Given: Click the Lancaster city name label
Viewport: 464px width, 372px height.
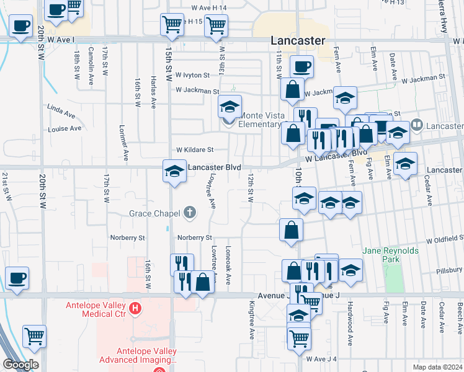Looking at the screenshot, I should click(x=298, y=40).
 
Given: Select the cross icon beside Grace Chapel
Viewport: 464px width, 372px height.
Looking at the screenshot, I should click(x=190, y=214).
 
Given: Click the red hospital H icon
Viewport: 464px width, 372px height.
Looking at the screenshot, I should click(x=135, y=308).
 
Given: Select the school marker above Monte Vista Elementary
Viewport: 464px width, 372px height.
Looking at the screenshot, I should click(x=230, y=107).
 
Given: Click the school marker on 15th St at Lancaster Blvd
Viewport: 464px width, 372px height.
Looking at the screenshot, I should click(x=175, y=170).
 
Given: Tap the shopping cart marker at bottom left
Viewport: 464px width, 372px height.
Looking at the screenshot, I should click(x=34, y=336).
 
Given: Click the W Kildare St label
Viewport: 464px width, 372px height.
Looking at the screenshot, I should click(x=195, y=149).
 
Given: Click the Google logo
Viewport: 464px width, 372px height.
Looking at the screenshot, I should click(x=20, y=365).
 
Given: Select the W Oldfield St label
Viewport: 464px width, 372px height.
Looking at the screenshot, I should click(x=444, y=239).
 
